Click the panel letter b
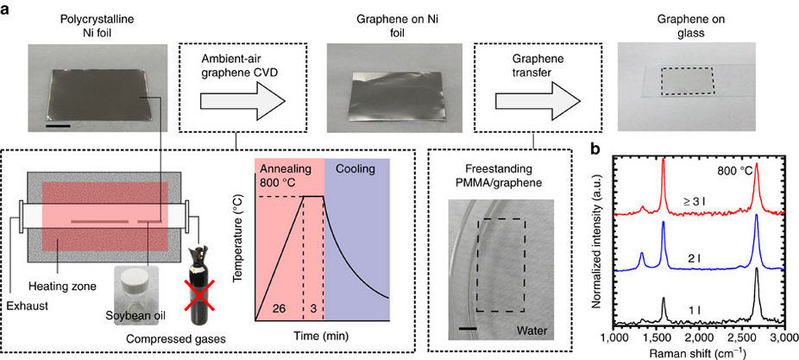595,148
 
